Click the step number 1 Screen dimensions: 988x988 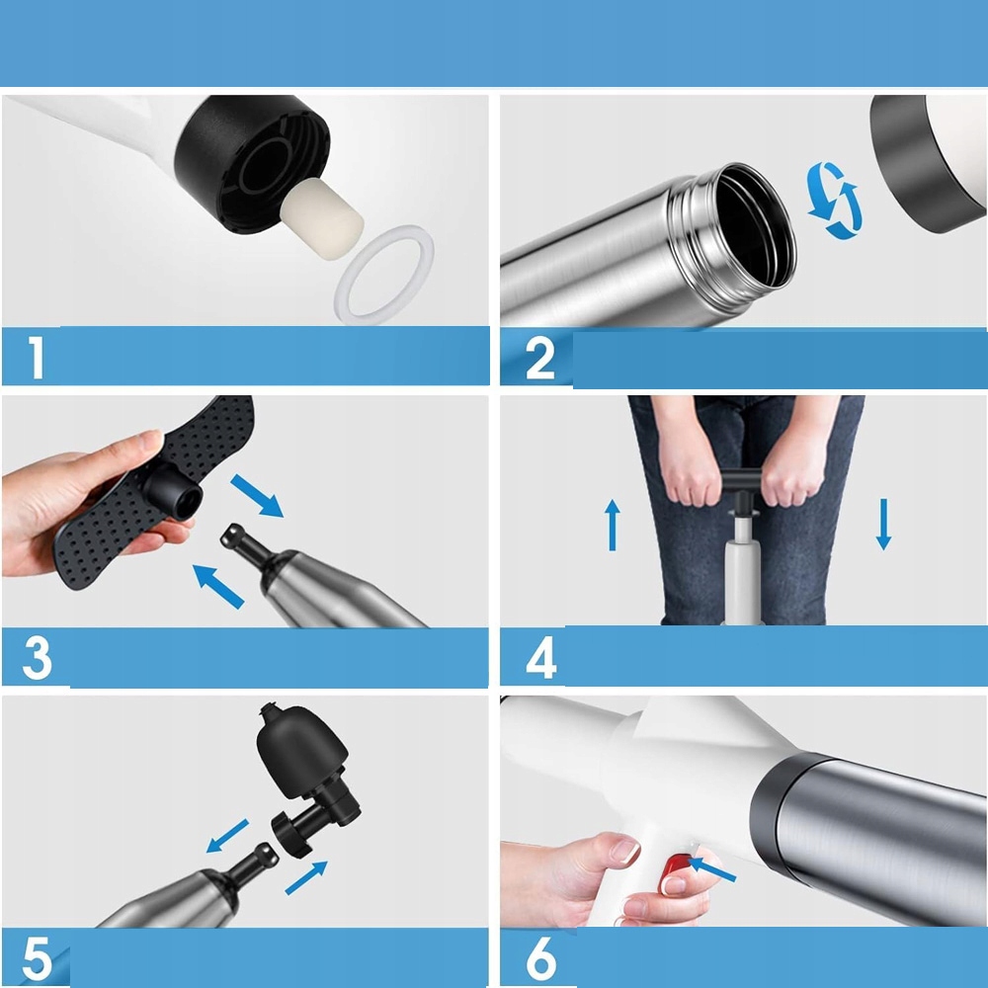click(37, 357)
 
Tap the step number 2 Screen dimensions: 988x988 click(540, 358)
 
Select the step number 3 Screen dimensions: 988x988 click(38, 658)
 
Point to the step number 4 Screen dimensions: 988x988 click(540, 657)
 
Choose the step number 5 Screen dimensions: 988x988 click(38, 957)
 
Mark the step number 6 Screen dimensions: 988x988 click(540, 957)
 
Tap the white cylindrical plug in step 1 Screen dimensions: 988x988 click(321, 214)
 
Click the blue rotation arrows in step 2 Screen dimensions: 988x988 click(834, 201)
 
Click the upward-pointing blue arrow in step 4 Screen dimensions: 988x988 click(613, 525)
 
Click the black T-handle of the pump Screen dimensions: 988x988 click(744, 488)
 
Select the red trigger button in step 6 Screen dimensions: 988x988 click(674, 872)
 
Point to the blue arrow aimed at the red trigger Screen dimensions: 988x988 click(712, 868)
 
